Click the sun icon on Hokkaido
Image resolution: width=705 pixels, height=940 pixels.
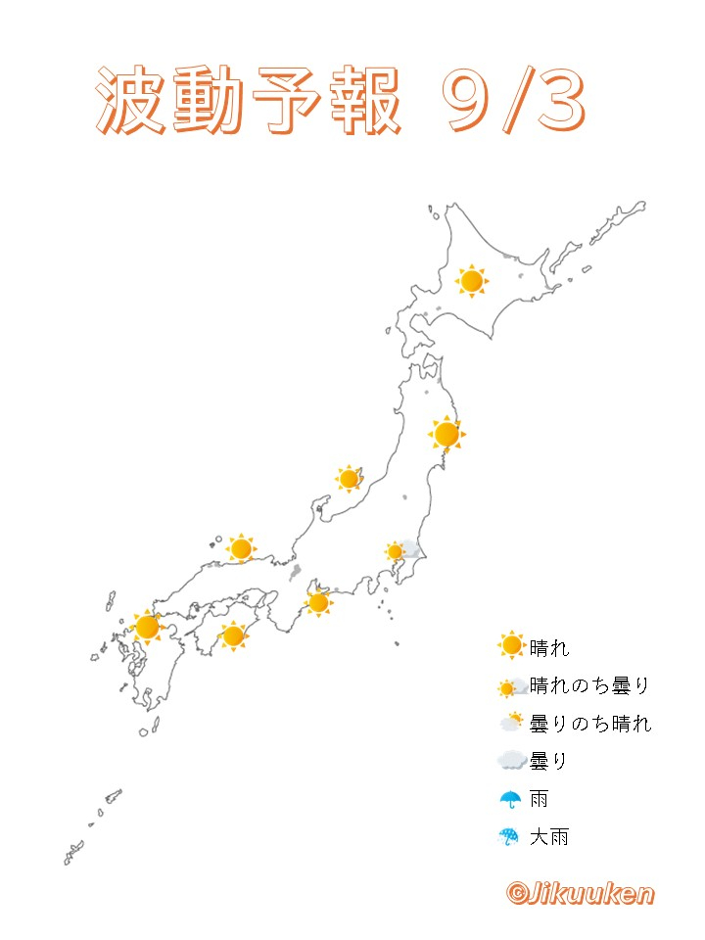471,282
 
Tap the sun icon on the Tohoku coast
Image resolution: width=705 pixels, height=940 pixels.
446,434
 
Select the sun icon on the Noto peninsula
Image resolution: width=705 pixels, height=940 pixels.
349,479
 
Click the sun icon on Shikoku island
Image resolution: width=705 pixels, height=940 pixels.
233,636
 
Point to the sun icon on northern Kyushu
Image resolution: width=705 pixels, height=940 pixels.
148,626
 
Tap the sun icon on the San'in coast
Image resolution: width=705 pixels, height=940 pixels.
241,549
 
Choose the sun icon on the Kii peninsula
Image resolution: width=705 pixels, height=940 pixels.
317,602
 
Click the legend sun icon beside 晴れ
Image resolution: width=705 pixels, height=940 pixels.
510,646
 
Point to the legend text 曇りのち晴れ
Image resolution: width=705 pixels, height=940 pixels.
589,724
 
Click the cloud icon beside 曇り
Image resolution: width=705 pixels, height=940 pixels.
510,761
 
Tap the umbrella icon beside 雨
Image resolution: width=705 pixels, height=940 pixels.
509,799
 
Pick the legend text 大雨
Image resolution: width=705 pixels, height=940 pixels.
548,837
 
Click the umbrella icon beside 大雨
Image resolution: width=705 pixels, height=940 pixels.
509,837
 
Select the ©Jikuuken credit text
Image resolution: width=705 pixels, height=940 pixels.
580,893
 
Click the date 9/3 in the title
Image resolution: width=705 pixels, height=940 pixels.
513,100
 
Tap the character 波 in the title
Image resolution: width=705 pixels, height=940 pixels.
132,100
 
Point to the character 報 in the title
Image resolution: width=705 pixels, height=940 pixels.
363,100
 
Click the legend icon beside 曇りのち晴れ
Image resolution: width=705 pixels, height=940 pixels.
510,724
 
